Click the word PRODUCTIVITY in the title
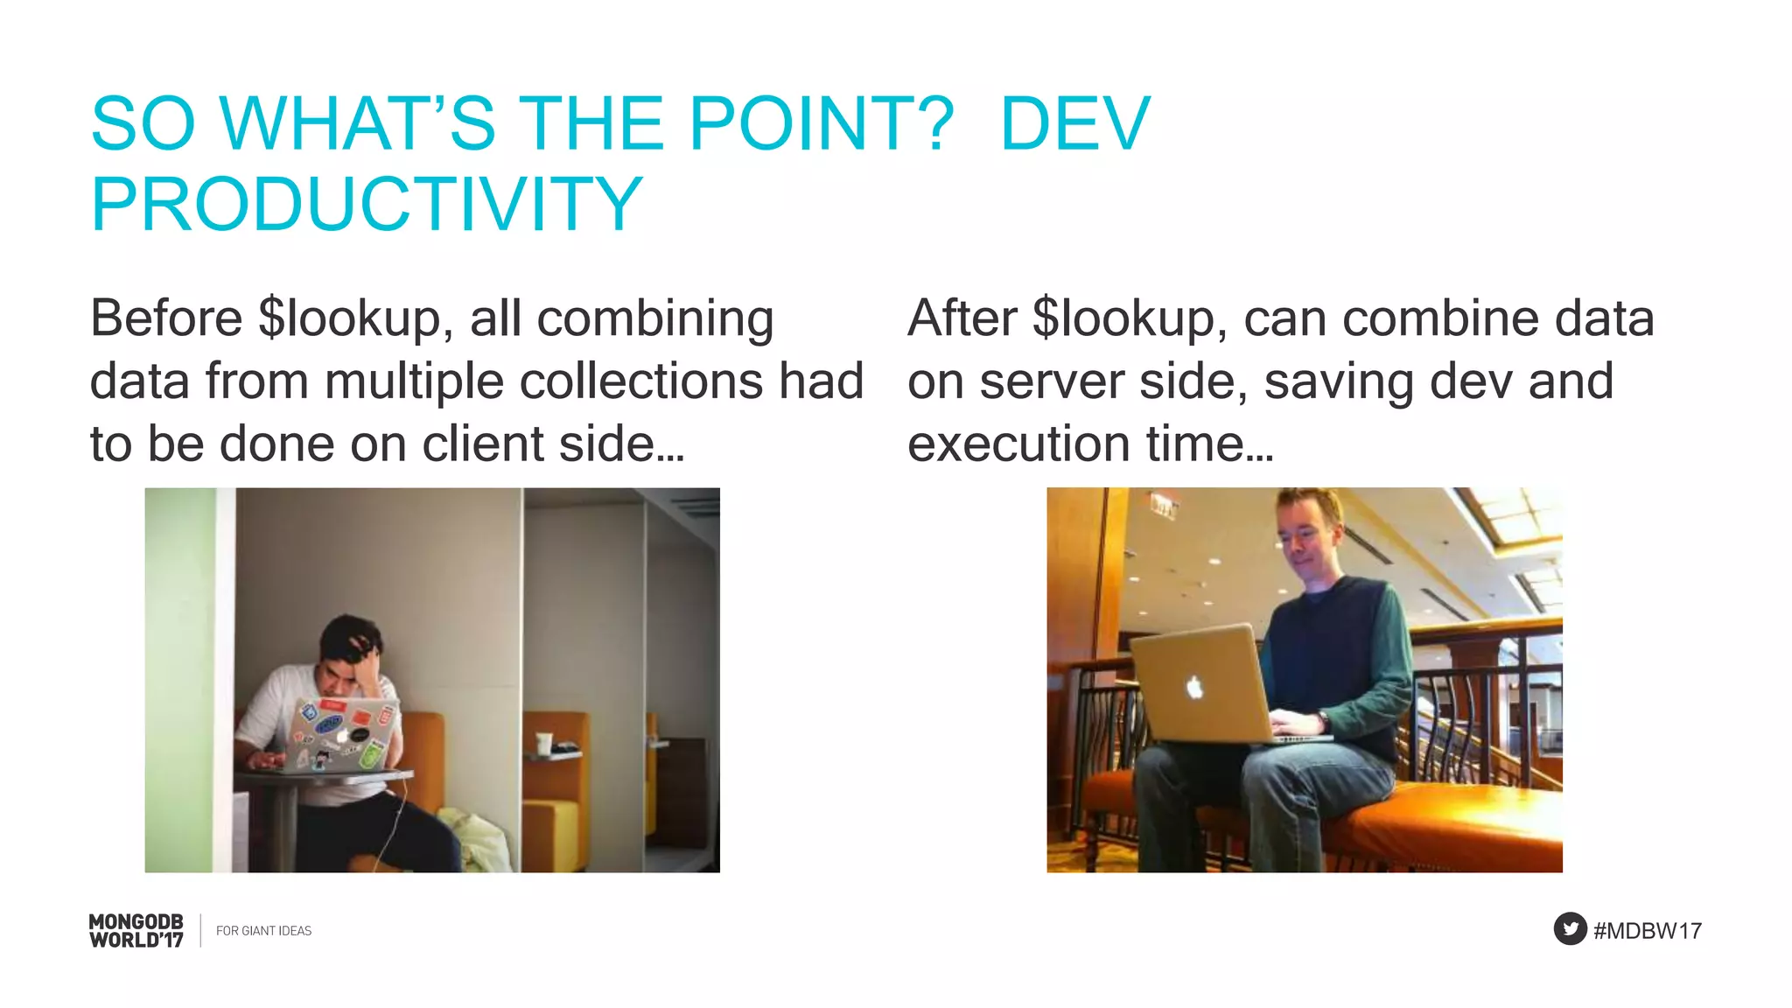(367, 205)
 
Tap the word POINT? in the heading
(821, 123)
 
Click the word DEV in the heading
(1074, 123)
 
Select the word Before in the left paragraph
(166, 318)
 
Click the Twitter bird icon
(1570, 928)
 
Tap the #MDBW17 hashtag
(1648, 931)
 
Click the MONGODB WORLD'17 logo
(136, 930)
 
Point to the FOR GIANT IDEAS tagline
(263, 931)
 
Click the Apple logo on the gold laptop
(1194, 688)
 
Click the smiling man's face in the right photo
(1306, 542)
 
